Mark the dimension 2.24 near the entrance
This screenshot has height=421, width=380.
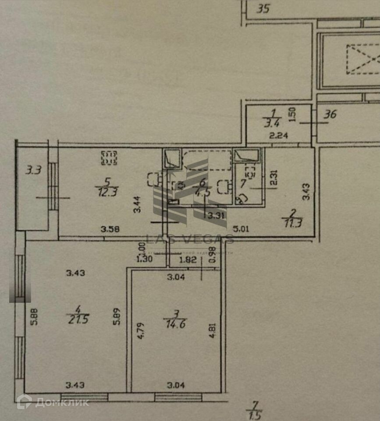[277, 136]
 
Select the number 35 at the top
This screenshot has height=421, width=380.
[263, 8]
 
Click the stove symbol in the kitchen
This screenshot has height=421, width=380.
[109, 157]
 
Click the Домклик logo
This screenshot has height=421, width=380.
[53, 401]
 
